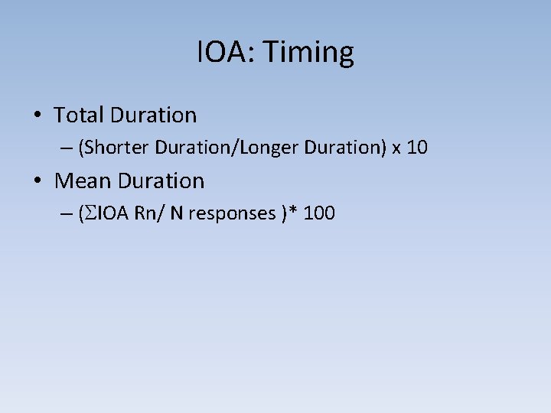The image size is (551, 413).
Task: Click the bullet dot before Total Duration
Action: tap(37, 116)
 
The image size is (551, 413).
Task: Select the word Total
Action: tap(79, 115)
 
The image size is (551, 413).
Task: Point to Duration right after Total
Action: tap(153, 115)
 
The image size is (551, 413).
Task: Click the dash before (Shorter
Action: tap(66, 148)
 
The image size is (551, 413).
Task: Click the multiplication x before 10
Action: tap(396, 148)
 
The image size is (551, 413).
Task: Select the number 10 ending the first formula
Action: tap(417, 148)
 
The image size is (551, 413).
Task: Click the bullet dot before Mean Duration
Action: tap(37, 182)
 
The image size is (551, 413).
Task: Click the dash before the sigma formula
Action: tap(66, 213)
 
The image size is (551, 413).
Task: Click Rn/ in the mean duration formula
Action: tap(149, 213)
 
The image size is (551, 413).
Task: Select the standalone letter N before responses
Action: tap(176, 213)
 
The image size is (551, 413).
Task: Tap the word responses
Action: tap(230, 214)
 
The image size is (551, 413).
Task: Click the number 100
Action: tap(319, 213)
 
